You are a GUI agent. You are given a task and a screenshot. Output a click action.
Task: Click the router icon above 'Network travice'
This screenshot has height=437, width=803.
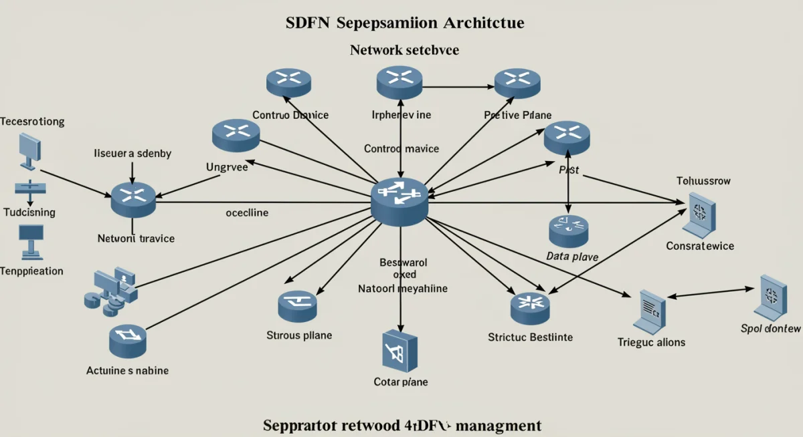click(133, 198)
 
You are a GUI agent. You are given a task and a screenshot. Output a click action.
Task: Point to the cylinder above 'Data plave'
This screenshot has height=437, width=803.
click(568, 231)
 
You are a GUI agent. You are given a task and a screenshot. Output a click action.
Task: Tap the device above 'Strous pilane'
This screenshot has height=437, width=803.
click(297, 306)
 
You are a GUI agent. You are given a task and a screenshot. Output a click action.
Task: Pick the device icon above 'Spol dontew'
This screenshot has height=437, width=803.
click(770, 297)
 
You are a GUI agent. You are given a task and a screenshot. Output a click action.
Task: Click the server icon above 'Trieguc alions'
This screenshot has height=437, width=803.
click(650, 311)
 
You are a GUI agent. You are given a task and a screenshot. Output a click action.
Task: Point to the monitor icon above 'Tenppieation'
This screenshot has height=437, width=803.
click(31, 241)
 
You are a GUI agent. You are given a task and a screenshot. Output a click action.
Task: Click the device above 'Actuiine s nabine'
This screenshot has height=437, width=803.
click(127, 341)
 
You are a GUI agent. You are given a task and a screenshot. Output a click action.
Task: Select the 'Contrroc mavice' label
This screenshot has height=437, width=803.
click(401, 148)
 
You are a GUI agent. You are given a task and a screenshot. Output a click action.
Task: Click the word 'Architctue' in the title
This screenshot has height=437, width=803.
click(483, 23)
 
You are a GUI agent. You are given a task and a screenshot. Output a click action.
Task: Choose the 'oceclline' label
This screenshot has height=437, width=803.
click(247, 212)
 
